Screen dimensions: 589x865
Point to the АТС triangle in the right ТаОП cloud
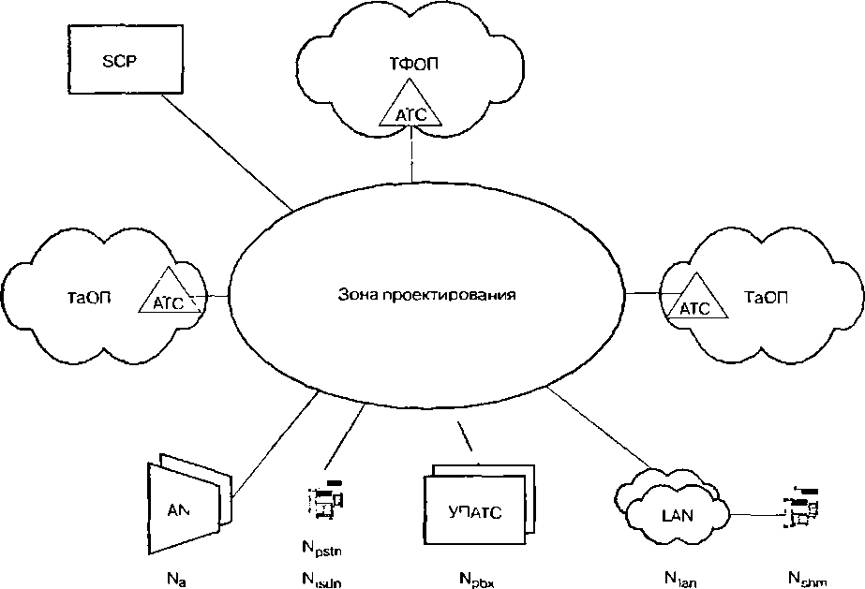pyautogui.click(x=693, y=299)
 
